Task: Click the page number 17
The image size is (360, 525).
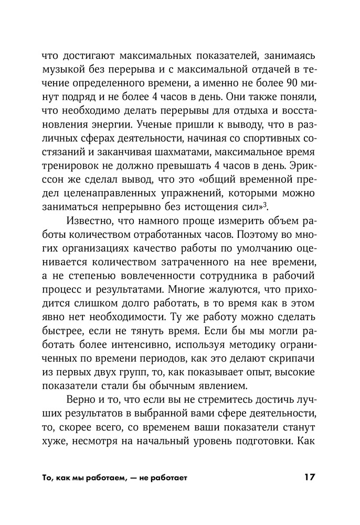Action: point(308,478)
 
